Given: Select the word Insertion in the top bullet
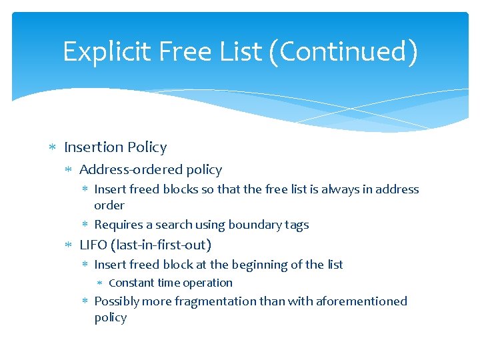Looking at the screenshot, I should point(94,147).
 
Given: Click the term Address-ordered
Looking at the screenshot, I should point(127,170).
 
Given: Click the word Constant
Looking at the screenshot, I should point(131,283).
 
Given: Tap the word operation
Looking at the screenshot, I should point(207,283).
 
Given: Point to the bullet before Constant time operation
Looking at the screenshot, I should point(101,283).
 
